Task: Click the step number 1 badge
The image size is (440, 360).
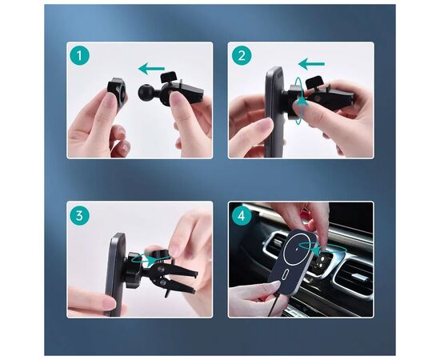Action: [80, 55]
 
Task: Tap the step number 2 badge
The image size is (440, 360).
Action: [242, 55]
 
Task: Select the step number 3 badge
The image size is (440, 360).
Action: [80, 216]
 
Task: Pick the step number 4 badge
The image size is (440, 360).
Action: [242, 216]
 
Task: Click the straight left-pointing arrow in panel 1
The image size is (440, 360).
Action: [151, 69]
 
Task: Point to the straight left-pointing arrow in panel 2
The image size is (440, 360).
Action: [311, 64]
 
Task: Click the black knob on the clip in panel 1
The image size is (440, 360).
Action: [168, 76]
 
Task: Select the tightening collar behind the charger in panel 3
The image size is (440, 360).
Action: [133, 270]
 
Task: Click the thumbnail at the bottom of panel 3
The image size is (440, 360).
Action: [109, 303]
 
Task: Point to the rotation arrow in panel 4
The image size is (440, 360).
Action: [322, 249]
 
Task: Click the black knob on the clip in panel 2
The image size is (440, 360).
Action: [314, 81]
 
